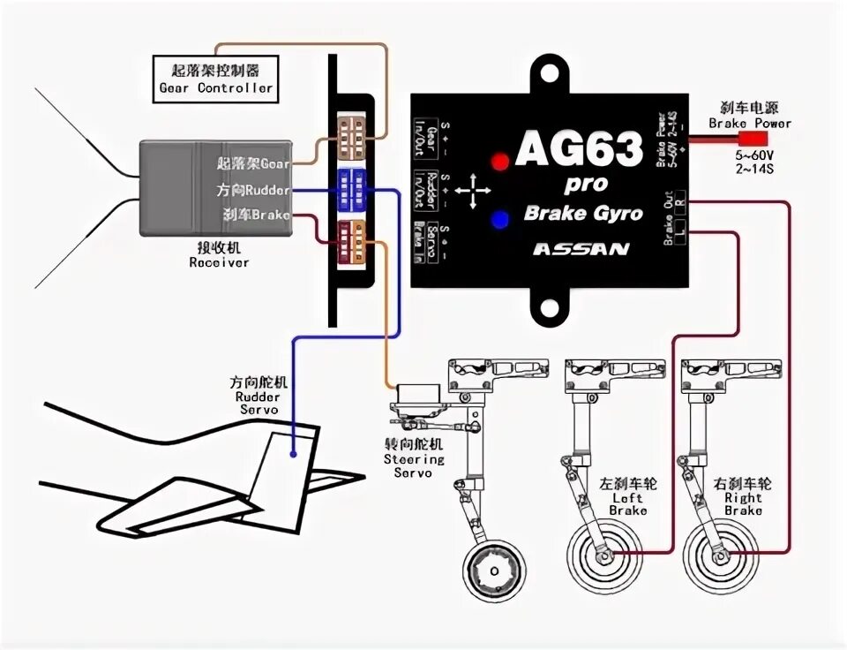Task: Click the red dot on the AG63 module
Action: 500,162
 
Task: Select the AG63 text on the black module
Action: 579,150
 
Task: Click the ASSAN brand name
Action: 581,248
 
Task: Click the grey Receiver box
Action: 216,188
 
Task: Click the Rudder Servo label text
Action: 258,396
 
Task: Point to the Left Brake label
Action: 627,496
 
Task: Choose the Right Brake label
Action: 743,496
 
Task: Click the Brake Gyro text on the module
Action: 583,213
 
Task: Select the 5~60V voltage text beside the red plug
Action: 751,155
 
